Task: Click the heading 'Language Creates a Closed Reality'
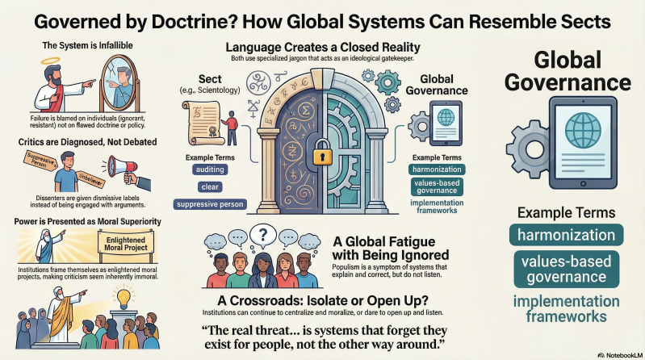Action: (322, 47)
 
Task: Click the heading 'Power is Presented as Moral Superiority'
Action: (86, 218)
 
